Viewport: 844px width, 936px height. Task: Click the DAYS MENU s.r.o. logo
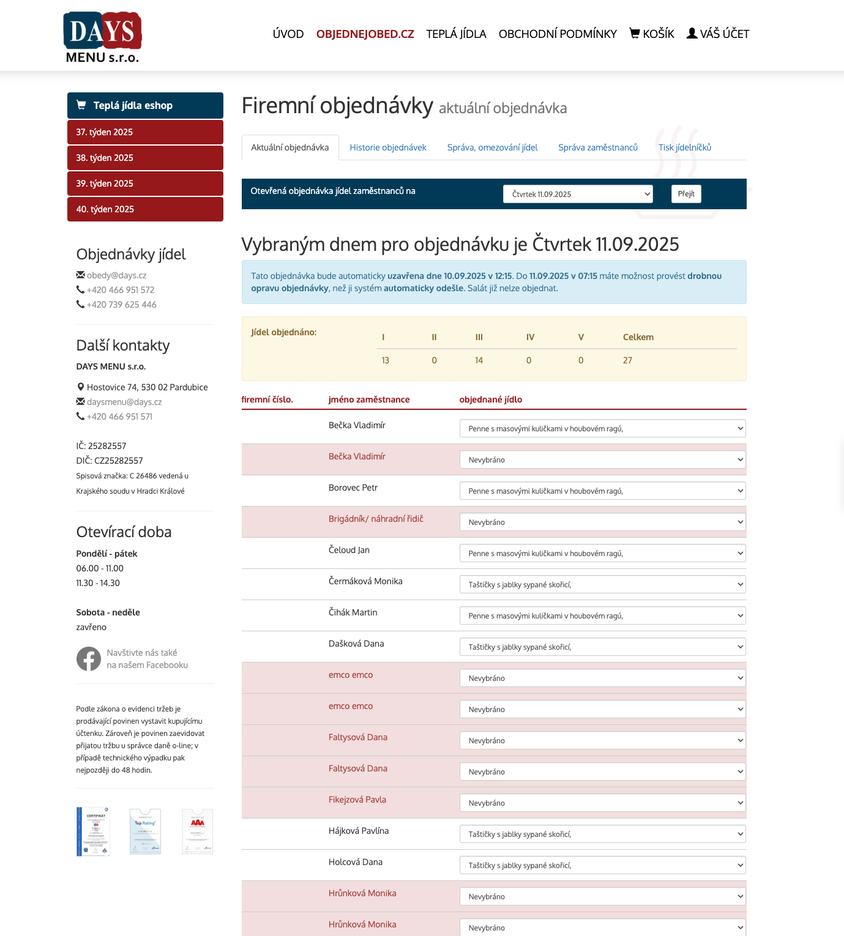pyautogui.click(x=102, y=37)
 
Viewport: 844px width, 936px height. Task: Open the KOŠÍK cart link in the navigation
pyautogui.click(x=652, y=34)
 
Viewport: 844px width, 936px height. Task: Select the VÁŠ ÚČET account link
pyautogui.click(x=718, y=34)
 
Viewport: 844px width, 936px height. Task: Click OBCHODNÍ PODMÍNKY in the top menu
pyautogui.click(x=558, y=34)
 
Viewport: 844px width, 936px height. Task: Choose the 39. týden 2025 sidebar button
pyautogui.click(x=145, y=184)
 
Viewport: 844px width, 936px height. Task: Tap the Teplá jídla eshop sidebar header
pyautogui.click(x=145, y=105)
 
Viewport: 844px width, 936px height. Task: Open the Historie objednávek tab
pyautogui.click(x=388, y=147)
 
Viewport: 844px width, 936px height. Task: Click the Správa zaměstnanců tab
pyautogui.click(x=598, y=147)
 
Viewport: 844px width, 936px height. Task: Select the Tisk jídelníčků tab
pyautogui.click(x=685, y=147)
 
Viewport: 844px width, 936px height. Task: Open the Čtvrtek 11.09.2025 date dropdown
pyautogui.click(x=578, y=194)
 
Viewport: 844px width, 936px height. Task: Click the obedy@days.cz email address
pyautogui.click(x=116, y=275)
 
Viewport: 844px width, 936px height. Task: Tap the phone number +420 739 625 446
pyautogui.click(x=121, y=305)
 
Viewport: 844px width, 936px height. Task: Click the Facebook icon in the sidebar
pyautogui.click(x=89, y=659)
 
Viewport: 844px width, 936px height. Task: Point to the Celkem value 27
pyautogui.click(x=627, y=360)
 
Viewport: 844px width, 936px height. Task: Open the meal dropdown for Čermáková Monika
pyautogui.click(x=602, y=585)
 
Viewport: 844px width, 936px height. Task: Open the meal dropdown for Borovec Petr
pyautogui.click(x=602, y=491)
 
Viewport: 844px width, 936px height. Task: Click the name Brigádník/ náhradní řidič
pyautogui.click(x=376, y=519)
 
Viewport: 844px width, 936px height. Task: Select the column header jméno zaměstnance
pyautogui.click(x=369, y=399)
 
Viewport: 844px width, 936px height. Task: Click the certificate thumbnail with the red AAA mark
pyautogui.click(x=198, y=831)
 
